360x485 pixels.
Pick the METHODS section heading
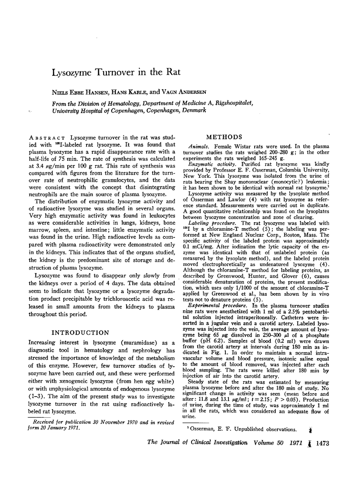(224, 137)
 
